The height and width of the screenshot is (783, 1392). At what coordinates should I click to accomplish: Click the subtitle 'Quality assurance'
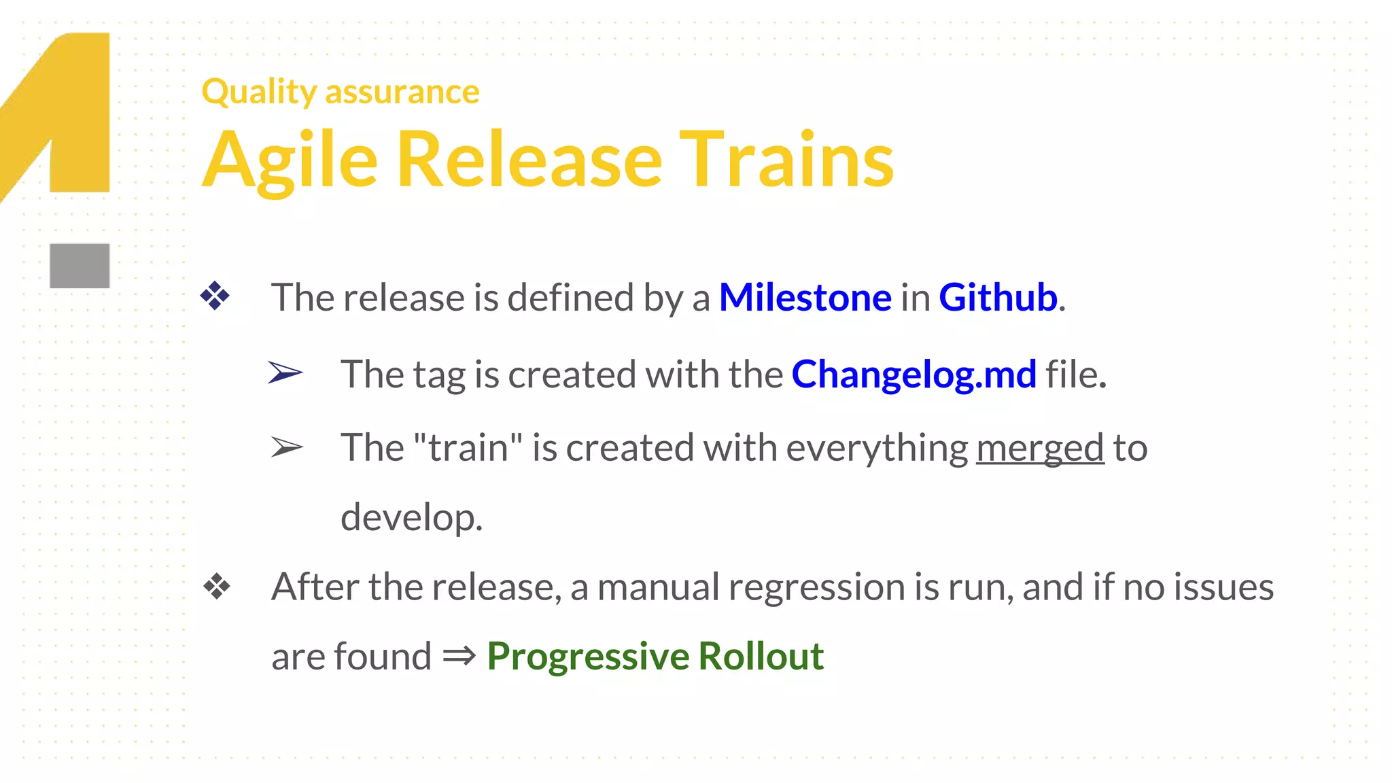[341, 91]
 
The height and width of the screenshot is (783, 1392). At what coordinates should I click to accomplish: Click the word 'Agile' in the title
[290, 160]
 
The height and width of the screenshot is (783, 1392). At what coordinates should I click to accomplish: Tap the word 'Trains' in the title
[786, 160]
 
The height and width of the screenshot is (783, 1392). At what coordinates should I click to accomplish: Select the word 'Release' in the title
[529, 160]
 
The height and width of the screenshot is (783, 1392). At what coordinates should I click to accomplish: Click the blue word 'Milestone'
[805, 298]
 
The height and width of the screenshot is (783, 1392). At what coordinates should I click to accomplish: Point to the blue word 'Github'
[998, 298]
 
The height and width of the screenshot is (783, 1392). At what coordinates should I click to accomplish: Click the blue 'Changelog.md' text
[913, 375]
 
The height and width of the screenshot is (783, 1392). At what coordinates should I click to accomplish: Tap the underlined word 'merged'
[1040, 448]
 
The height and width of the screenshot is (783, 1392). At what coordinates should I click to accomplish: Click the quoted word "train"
[468, 448]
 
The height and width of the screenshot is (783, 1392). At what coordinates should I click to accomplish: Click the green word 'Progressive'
[588, 657]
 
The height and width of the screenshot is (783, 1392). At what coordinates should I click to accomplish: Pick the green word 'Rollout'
[761, 657]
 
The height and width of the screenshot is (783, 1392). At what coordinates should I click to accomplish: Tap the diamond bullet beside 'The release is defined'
[215, 296]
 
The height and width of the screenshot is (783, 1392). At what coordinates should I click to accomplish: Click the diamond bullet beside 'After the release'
[217, 587]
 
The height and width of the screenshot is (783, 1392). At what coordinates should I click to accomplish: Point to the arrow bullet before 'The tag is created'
[285, 372]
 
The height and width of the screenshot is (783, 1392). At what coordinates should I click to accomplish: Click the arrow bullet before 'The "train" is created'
[287, 447]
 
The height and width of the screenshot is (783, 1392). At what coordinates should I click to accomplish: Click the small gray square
[80, 266]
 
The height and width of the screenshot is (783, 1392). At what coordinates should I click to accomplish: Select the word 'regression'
[816, 587]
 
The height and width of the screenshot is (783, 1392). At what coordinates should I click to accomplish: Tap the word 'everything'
[877, 448]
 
